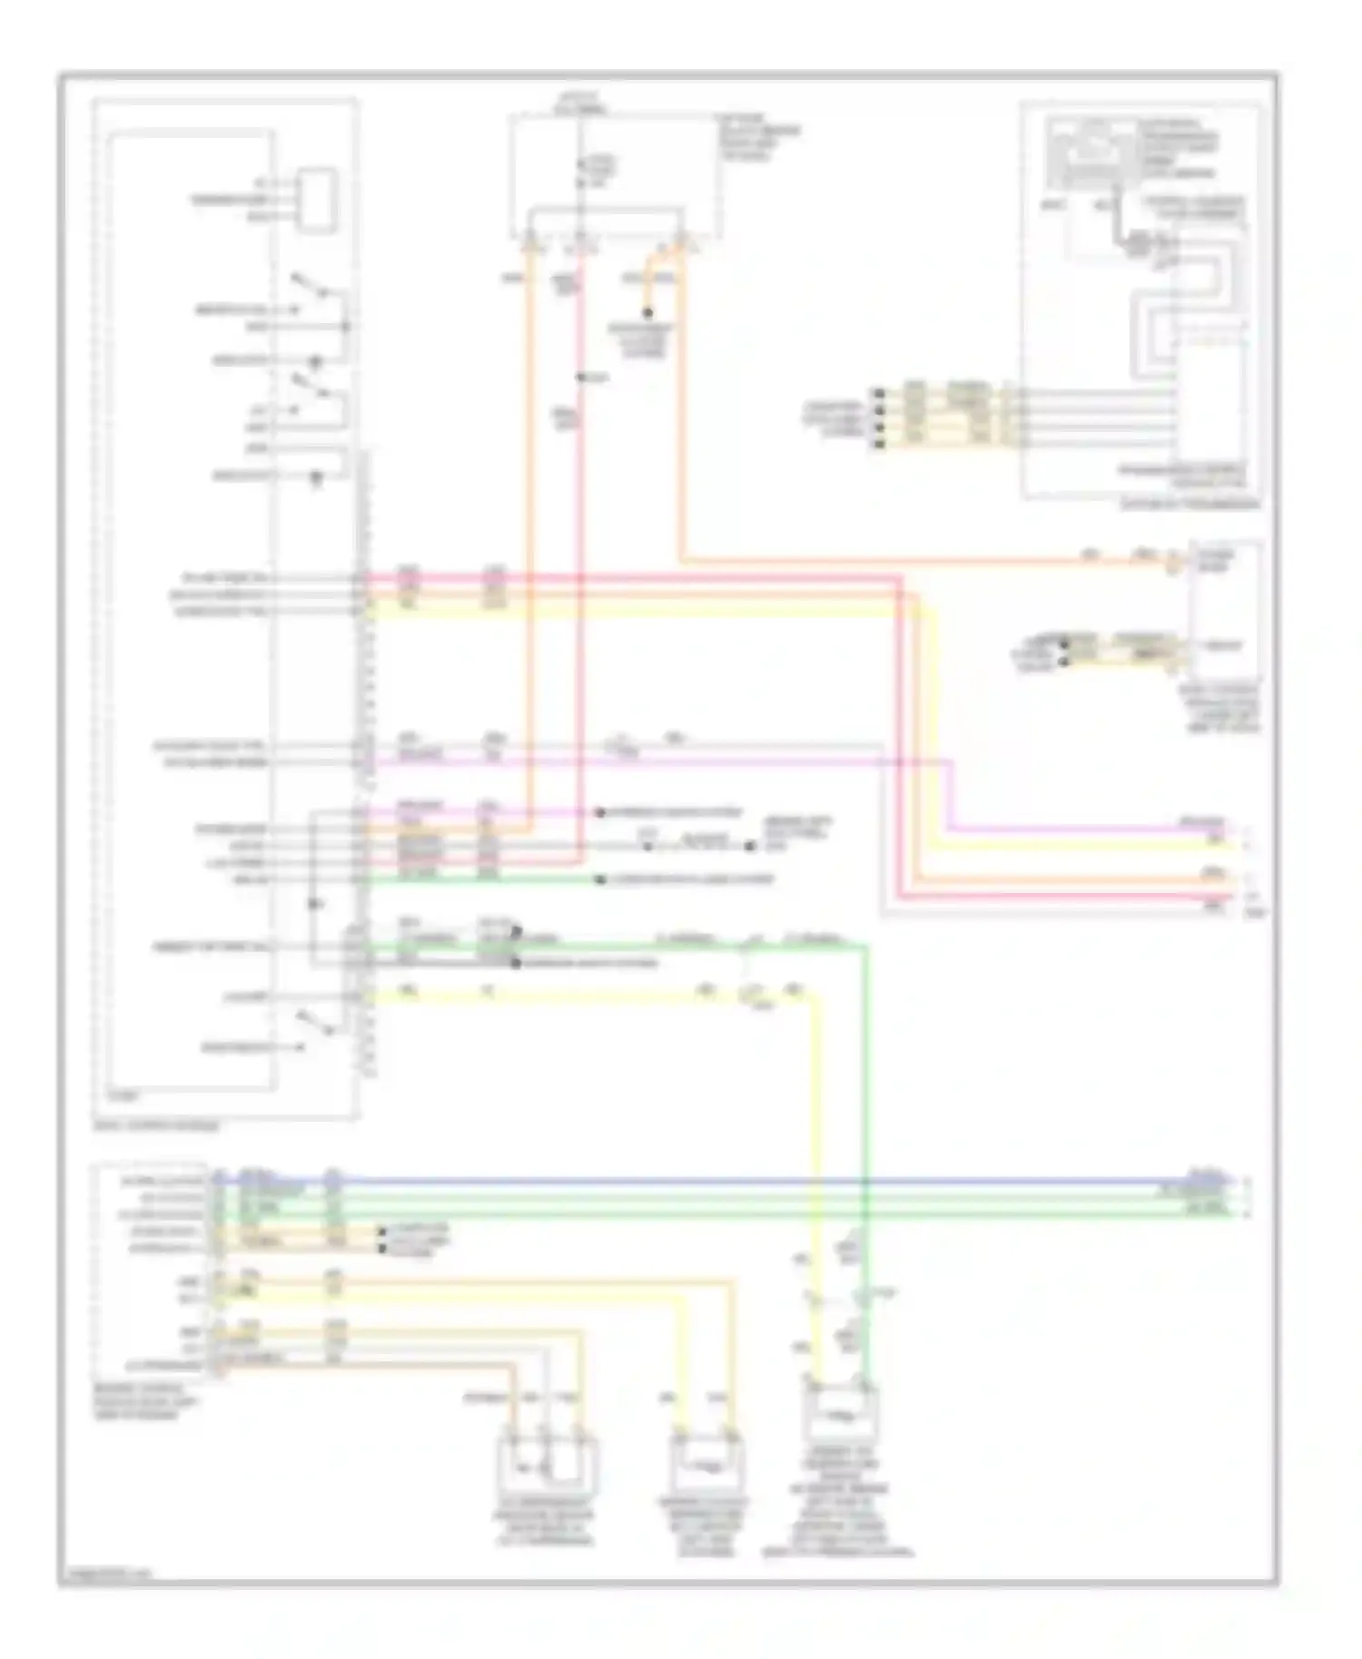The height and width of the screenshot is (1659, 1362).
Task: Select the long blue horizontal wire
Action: click(726, 1182)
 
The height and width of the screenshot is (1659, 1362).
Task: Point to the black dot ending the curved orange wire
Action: click(647, 314)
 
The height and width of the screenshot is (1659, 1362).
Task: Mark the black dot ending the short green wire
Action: click(600, 879)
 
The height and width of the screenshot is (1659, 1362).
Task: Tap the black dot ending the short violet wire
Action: click(600, 812)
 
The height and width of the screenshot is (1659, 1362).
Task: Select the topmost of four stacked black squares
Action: click(878, 394)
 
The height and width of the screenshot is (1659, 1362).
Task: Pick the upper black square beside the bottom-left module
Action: click(381, 1232)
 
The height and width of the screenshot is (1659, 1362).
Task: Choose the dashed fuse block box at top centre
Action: click(615, 172)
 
